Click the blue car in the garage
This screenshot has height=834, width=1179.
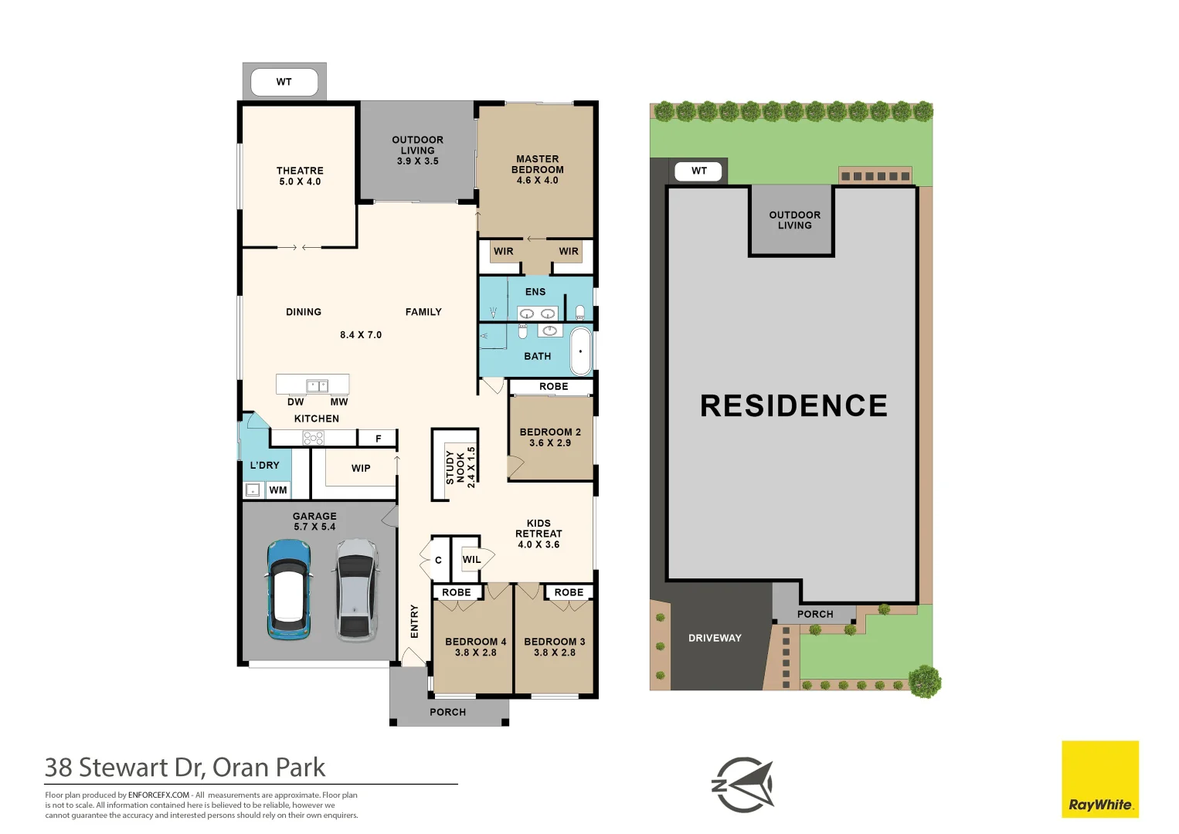click(x=289, y=590)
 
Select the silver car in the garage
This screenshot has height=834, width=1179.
click(x=357, y=590)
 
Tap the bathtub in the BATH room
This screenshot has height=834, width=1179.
click(x=581, y=351)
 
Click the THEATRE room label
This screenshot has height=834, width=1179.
click(x=300, y=176)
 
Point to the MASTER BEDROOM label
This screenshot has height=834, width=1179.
click(x=538, y=169)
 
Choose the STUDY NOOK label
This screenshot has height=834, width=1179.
click(x=455, y=467)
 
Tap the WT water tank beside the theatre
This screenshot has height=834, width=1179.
click(x=284, y=82)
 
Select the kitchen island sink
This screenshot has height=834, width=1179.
click(x=318, y=385)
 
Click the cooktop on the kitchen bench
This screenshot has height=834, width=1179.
click(x=313, y=438)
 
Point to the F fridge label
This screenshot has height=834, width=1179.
click(x=378, y=439)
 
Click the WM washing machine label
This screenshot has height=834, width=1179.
click(x=278, y=490)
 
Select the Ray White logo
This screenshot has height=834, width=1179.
click(x=1100, y=779)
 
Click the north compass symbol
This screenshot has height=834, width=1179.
click(x=742, y=785)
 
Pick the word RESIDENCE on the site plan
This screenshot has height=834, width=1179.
click(x=793, y=405)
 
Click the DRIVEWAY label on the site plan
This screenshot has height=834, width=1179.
click(x=715, y=639)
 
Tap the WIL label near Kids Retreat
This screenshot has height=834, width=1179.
click(x=471, y=560)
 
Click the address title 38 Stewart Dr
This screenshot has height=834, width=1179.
click(x=124, y=768)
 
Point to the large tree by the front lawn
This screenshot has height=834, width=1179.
click(x=925, y=682)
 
